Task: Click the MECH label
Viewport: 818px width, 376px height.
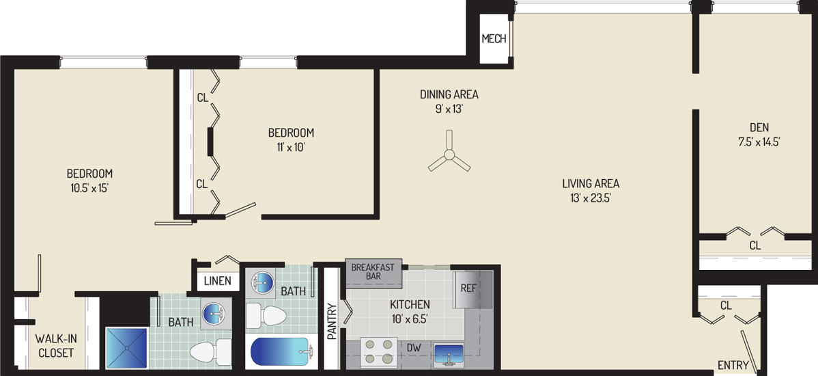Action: pos(494,39)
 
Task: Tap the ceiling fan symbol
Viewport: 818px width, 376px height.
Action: pos(449,154)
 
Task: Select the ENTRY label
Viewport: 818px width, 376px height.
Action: pos(733,365)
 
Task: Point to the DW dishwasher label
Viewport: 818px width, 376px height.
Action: pos(414,347)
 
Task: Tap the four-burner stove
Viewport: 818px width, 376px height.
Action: pos(377,351)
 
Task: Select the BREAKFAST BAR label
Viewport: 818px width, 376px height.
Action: pos(373,271)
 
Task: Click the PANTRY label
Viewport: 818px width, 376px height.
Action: pos(332,322)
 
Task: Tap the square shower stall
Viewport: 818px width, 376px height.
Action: pos(127,349)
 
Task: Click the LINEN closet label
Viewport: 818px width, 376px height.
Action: pos(218,281)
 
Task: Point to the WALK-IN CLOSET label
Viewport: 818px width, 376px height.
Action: pos(54,346)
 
